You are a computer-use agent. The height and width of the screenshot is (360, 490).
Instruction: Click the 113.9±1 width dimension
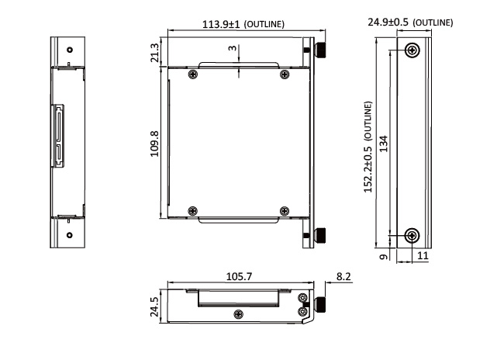coord(221,24)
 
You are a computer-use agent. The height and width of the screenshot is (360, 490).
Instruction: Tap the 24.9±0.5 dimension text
coord(388,22)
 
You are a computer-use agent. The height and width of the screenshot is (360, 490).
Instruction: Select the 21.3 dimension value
coord(155,53)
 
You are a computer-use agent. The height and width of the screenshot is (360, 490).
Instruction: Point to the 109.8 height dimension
coord(155,144)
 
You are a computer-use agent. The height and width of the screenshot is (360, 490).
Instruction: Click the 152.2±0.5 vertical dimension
coord(368,169)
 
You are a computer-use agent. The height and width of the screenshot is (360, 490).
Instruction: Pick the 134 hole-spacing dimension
coord(384,144)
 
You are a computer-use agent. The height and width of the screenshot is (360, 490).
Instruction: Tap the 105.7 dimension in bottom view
coord(239,276)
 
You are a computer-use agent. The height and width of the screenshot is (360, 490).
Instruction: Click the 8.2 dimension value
coord(343,276)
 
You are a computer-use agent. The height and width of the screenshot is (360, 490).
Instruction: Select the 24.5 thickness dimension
coord(155,306)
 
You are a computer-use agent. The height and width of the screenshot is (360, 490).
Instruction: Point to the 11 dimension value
coord(423,256)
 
